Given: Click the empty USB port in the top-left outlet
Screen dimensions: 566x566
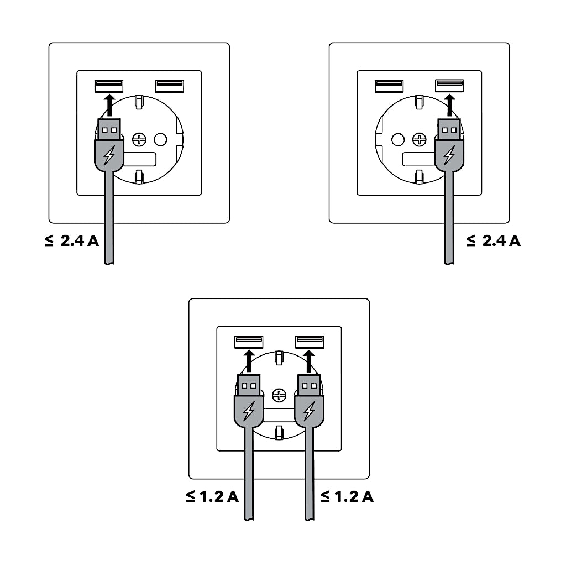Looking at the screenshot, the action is [170, 86].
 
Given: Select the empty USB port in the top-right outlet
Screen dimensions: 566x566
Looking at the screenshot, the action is [389, 86].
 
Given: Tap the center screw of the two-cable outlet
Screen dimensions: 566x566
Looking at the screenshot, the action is [279, 395].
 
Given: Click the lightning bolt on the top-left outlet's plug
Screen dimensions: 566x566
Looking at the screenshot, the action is [109, 155].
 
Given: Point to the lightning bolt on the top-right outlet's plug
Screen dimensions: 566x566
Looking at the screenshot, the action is [449, 155].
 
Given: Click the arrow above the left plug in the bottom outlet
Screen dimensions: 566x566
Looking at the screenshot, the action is [249, 361].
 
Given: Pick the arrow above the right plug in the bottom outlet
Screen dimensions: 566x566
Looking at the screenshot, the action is [309, 361].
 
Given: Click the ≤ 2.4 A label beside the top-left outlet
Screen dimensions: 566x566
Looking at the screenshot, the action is [71, 241].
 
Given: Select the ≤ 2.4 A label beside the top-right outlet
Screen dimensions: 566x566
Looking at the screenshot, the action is [494, 241].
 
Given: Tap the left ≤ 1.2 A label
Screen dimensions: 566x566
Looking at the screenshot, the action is [212, 497].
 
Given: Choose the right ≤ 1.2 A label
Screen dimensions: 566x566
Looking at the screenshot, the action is [347, 497].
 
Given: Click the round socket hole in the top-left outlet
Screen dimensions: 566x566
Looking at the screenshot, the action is [161, 139].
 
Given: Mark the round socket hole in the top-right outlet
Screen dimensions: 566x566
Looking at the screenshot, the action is [398, 139].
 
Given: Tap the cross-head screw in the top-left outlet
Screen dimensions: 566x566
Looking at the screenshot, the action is [139, 139].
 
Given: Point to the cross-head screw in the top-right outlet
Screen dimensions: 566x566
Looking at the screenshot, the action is [420, 139].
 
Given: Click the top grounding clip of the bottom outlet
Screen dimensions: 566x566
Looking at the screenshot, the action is [279, 358].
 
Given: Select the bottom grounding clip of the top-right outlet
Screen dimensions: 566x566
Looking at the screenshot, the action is [419, 177].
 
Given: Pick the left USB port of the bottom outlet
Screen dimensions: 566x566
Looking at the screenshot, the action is [249, 342].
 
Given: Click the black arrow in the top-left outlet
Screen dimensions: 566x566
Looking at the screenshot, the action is [109, 105].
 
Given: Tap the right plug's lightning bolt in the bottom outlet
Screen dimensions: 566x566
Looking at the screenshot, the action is [309, 411].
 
